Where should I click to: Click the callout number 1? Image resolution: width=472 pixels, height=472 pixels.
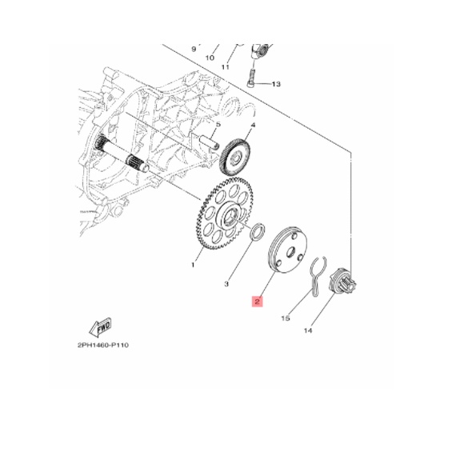pyautogui.click(x=193, y=265)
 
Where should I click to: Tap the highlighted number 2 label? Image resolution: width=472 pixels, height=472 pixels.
pyautogui.click(x=258, y=301)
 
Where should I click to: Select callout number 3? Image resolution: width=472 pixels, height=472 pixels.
pyautogui.click(x=226, y=284)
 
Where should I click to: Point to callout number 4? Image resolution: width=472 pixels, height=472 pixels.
pyautogui.click(x=253, y=125)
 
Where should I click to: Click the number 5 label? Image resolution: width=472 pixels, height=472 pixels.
pyautogui.click(x=218, y=124)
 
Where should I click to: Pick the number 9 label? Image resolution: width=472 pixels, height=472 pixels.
pyautogui.click(x=194, y=49)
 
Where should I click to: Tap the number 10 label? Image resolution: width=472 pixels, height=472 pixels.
pyautogui.click(x=210, y=58)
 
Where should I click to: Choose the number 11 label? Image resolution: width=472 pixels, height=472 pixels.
pyautogui.click(x=225, y=67)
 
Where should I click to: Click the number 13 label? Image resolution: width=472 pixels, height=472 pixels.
pyautogui.click(x=276, y=84)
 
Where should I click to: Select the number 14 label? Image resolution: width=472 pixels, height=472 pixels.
pyautogui.click(x=308, y=330)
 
